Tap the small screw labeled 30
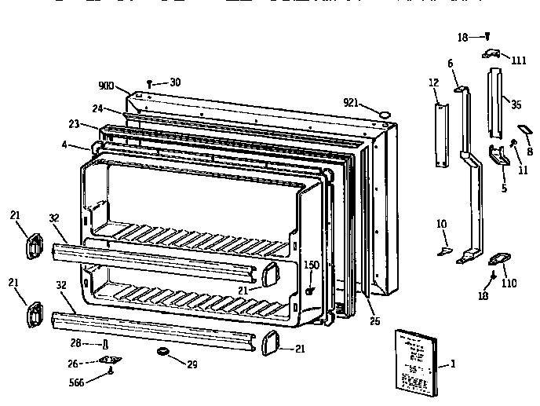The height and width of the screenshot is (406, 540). click(x=149, y=82)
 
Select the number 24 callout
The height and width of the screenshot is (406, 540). click(x=97, y=108)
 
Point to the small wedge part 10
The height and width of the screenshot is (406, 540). click(x=443, y=251)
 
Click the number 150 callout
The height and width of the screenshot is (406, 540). click(x=312, y=265)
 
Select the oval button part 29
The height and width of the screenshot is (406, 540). click(x=164, y=351)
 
